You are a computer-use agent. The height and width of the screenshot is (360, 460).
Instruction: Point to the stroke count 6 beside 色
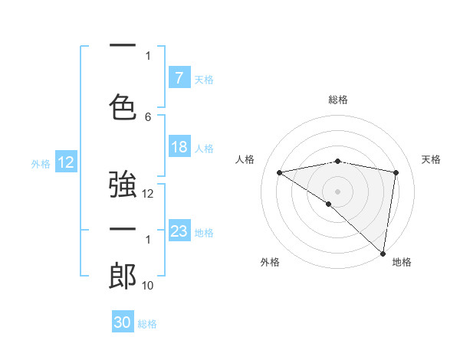tap(148, 116)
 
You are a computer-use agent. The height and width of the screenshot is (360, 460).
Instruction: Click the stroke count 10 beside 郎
tap(148, 286)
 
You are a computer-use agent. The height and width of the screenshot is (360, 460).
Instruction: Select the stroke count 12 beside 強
tap(148, 194)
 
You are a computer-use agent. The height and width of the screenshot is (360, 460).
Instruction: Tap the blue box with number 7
tap(179, 78)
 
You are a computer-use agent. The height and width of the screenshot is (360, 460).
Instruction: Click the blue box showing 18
tap(179, 147)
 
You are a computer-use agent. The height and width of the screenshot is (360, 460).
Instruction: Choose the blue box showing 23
tap(179, 231)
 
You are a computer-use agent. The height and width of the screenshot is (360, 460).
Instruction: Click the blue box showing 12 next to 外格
tap(66, 162)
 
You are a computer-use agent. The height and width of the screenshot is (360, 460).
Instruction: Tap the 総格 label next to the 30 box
tap(147, 324)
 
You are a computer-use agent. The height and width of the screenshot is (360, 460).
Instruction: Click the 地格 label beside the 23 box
tap(205, 232)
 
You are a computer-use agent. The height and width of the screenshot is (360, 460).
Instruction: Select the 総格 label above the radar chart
tap(338, 100)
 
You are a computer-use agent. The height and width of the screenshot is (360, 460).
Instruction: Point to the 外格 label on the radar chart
tap(270, 263)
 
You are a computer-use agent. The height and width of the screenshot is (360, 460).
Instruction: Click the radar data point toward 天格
tap(396, 172)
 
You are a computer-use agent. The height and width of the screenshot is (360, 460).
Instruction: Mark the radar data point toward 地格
tap(383, 252)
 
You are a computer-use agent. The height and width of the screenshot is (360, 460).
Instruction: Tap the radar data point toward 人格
tap(280, 172)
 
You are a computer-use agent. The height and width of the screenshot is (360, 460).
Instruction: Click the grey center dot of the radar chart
tap(337, 191)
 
